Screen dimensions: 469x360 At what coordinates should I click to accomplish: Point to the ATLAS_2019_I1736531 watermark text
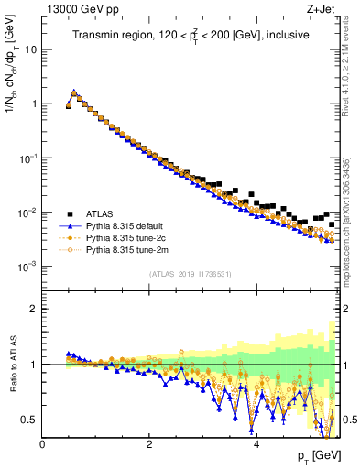pyautogui.click(x=190, y=274)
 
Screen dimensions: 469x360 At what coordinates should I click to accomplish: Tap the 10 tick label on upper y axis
pyautogui.click(x=30, y=49)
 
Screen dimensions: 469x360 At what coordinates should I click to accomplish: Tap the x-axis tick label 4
pyautogui.click(x=256, y=444)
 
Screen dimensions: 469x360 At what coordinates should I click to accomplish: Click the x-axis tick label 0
pyautogui.click(x=42, y=444)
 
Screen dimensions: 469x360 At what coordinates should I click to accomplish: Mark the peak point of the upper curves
pyautogui.click(x=74, y=93)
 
